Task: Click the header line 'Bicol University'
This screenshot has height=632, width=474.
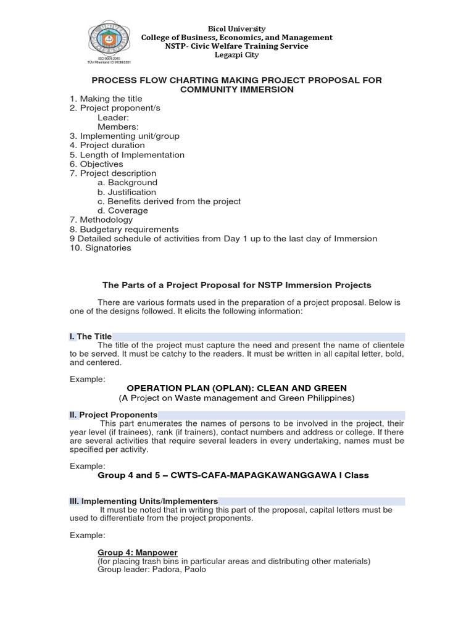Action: click(237, 29)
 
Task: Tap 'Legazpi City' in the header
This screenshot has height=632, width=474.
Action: click(237, 55)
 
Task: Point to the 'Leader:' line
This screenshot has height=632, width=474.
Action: click(113, 117)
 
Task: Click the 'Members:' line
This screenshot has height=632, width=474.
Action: click(118, 127)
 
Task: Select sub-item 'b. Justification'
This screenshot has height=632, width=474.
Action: click(127, 192)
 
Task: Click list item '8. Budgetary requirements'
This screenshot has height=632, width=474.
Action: click(124, 229)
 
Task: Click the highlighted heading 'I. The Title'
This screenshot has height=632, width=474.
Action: click(90, 336)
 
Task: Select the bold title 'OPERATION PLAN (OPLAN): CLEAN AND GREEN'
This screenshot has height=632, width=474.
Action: click(236, 388)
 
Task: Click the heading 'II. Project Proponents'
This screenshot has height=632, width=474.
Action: click(113, 415)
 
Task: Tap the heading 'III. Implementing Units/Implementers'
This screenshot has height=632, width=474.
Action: click(143, 501)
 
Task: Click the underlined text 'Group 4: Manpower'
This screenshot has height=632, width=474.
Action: click(134, 552)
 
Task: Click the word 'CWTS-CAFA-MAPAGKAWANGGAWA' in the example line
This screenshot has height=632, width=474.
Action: click(262, 475)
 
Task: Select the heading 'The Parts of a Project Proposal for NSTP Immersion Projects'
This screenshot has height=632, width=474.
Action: click(236, 285)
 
